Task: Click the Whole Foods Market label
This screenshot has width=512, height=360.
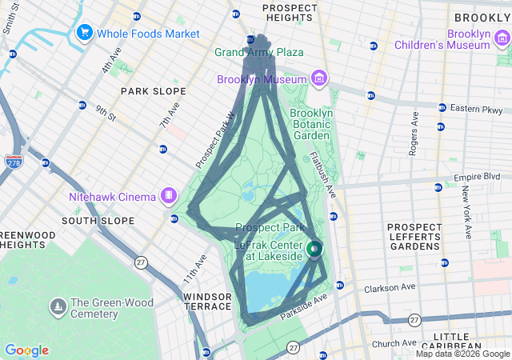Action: coord(149,33)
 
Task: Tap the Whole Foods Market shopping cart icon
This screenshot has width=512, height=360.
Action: coord(84,33)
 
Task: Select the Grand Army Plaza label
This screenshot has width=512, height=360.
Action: coord(258,52)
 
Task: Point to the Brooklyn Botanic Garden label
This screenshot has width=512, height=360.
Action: coord(311,124)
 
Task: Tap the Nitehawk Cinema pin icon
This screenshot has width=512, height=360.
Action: coord(169,194)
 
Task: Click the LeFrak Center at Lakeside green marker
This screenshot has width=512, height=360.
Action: coord(314,250)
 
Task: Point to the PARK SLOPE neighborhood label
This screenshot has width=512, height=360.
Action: coord(153,91)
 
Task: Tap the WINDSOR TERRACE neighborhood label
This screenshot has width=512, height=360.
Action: coord(208,302)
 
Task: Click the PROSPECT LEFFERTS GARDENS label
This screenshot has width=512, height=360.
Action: coord(414,236)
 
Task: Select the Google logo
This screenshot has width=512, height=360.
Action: coord(26,350)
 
